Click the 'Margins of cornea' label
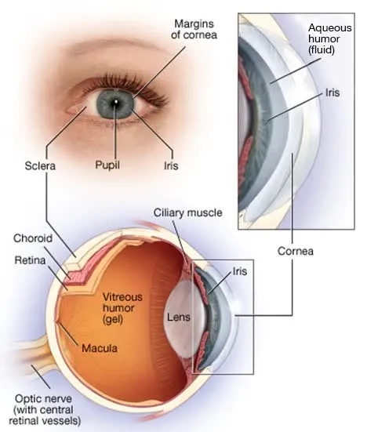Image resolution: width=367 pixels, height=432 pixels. tap(194, 29)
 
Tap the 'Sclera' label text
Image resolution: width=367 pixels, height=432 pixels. tap(40, 166)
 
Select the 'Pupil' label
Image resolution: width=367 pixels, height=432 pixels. tap(107, 165)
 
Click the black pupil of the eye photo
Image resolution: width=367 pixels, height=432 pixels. tap(115, 102)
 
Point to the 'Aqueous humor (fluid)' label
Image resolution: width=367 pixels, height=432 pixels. tap(330, 39)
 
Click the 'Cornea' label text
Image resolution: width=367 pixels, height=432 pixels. tap(296, 251)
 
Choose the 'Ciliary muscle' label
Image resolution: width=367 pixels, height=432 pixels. tap(187, 212)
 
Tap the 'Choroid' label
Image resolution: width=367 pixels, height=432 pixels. tap(33, 238)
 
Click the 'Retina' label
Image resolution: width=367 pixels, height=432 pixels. tap(30, 260)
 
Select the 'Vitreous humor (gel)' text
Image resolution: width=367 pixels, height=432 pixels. tap(122, 308)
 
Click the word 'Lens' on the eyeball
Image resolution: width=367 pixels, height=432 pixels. tap(179, 317)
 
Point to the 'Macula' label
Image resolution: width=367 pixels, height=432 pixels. tap(100, 348)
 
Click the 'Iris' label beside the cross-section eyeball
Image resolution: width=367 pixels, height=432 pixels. tap(240, 271)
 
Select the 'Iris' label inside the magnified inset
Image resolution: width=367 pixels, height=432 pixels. tap(332, 93)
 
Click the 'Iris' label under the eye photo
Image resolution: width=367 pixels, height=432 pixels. tap(171, 166)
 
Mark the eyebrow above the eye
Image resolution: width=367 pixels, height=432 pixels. tap(116, 47)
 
